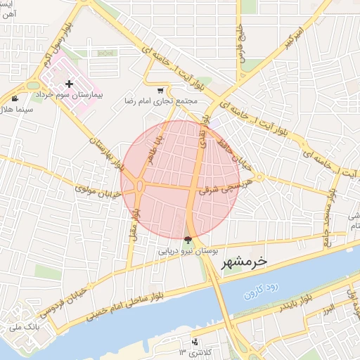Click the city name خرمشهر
pyautogui.click(x=245, y=262)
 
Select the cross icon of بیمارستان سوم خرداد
pyautogui.click(x=69, y=84)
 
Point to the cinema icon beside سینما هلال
pyautogui.click(x=15, y=98)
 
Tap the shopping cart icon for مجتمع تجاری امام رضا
pyautogui.click(x=161, y=90)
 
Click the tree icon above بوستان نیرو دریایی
pyautogui.click(x=187, y=240)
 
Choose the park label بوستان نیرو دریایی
pyautogui.click(x=187, y=250)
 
